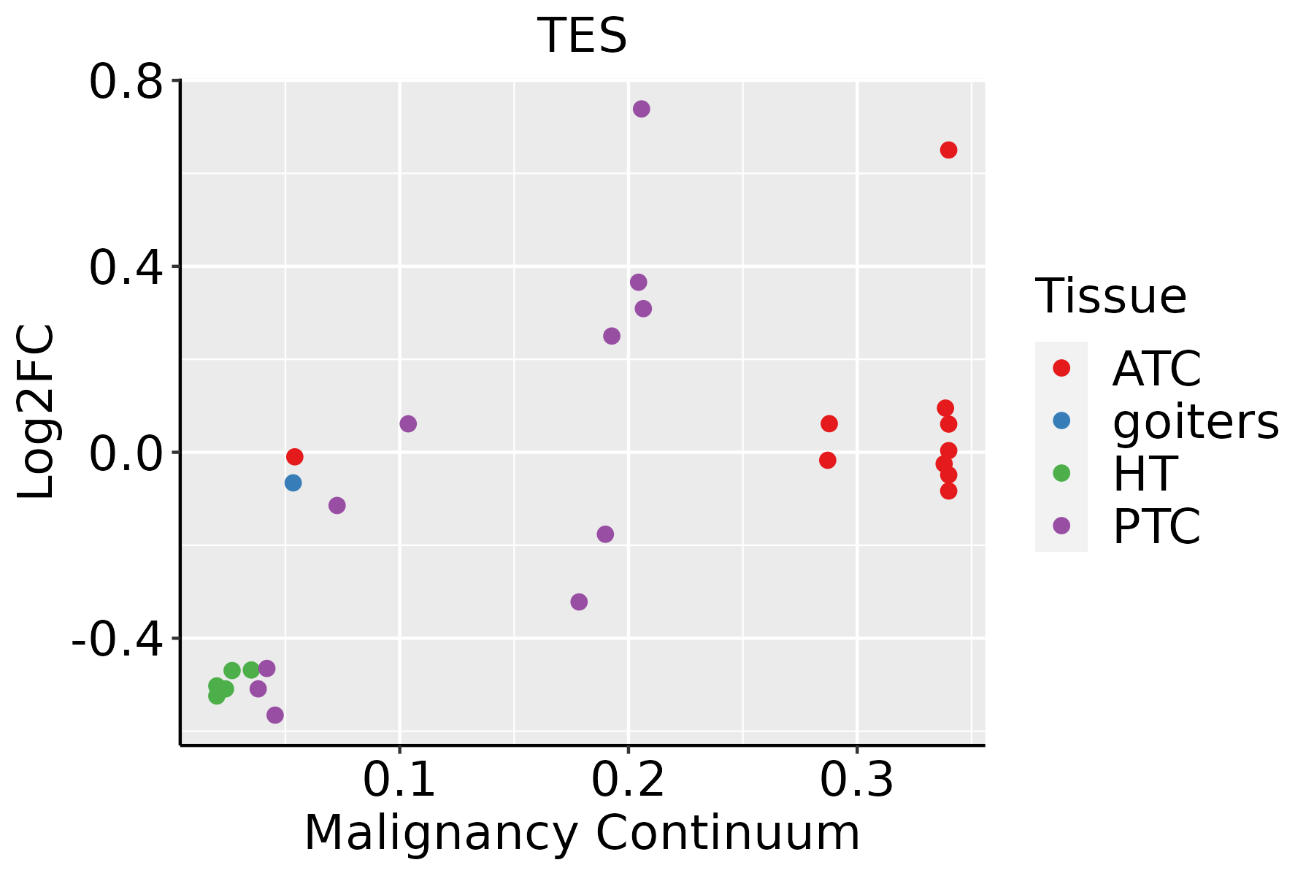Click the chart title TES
582,36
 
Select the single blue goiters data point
293,483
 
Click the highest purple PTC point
642,109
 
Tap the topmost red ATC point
948,150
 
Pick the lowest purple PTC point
275,715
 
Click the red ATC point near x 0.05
295,457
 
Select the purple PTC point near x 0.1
408,423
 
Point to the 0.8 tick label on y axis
125,82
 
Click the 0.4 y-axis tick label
125,267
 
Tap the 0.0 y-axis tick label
125,453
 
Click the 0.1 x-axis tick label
399,780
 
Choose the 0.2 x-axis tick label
628,780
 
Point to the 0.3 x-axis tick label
856,780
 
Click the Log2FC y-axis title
36,412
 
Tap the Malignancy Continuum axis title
582,833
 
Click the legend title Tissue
1111,296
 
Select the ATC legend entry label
1156,369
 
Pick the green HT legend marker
1061,473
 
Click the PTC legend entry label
1156,526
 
